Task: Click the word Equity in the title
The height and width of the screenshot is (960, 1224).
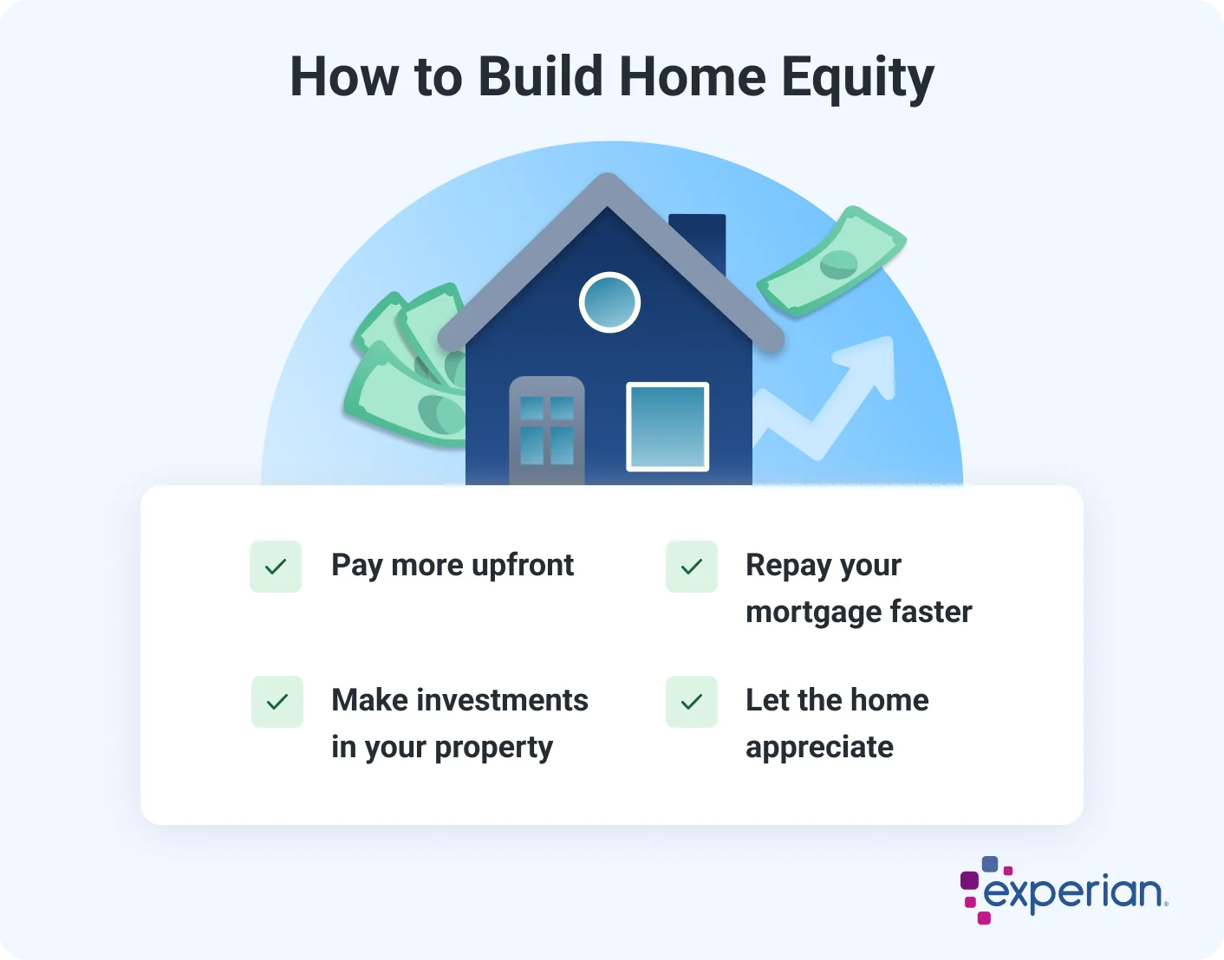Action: [857, 78]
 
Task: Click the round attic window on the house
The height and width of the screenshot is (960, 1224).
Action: [609, 302]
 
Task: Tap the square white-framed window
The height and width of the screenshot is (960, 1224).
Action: [667, 426]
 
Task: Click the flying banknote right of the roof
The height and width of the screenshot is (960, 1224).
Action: [831, 262]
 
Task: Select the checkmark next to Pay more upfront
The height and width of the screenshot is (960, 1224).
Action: [276, 567]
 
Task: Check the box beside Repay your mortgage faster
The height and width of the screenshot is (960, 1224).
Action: [692, 567]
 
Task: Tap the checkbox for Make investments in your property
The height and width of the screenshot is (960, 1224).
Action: [277, 702]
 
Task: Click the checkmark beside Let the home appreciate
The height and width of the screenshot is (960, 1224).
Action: [692, 702]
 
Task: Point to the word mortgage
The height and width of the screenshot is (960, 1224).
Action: [813, 613]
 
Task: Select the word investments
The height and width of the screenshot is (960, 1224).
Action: [502, 700]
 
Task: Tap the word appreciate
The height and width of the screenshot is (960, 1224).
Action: [819, 747]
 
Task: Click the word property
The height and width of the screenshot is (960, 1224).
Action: [493, 748]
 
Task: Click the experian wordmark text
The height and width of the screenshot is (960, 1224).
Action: [1075, 892]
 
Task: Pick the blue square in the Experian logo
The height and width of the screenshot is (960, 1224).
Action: [989, 864]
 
